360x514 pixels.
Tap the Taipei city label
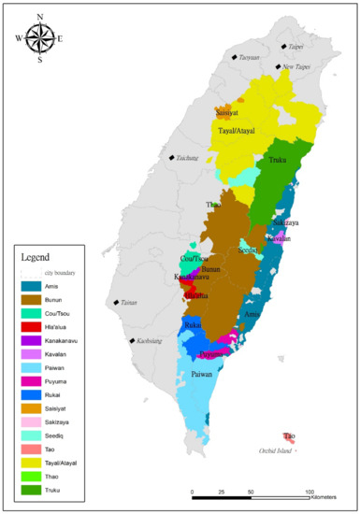(295, 46)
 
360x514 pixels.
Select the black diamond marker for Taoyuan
(235, 57)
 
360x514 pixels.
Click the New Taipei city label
(295, 67)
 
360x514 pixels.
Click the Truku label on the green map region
(278, 160)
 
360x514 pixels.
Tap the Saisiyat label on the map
(227, 113)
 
